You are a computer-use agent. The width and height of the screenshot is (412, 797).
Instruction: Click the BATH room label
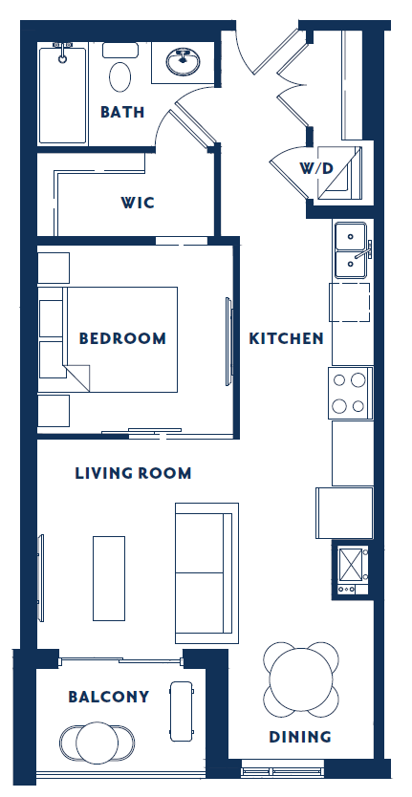click(122, 112)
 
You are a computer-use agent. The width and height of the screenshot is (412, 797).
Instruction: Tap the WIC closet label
click(138, 203)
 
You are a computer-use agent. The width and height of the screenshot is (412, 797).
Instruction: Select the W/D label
click(315, 168)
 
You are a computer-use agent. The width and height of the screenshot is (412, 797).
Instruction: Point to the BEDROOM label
click(122, 338)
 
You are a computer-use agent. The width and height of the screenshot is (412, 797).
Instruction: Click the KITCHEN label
click(286, 338)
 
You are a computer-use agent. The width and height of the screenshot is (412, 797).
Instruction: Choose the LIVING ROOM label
click(133, 473)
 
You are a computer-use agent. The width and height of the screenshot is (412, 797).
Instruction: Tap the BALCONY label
click(109, 697)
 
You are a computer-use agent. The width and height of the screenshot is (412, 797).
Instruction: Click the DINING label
click(299, 737)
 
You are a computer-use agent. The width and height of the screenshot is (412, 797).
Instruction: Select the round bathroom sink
click(179, 63)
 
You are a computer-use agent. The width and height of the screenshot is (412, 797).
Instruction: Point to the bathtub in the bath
click(64, 94)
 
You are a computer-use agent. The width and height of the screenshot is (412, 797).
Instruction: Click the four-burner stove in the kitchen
click(350, 393)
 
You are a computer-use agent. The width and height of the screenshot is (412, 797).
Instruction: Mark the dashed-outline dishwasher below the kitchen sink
click(350, 303)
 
